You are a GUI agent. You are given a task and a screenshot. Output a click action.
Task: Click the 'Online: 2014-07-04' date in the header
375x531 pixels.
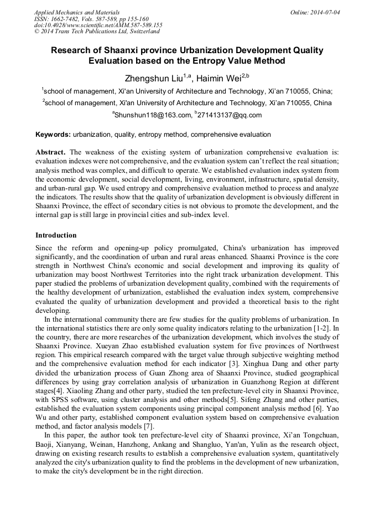click(x=315, y=12)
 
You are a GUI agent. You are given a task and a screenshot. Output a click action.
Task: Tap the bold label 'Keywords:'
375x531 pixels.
click(x=53, y=135)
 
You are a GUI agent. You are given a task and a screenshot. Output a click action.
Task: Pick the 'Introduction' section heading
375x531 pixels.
click(x=56, y=235)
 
